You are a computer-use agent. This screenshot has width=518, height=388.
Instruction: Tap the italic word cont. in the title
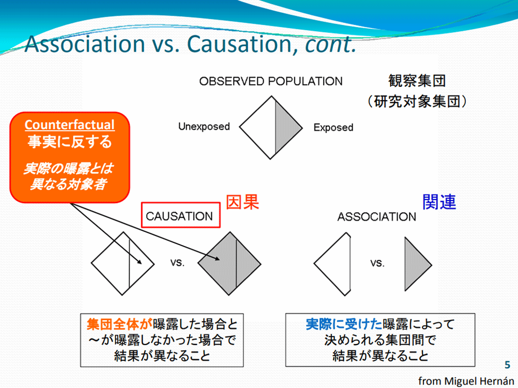331,44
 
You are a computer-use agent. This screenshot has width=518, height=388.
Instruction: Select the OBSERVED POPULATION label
271,81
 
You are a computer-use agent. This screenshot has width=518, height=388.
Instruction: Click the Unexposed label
204,126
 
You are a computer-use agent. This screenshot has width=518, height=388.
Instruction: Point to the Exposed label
333,127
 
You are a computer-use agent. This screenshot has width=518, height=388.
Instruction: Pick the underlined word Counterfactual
70,125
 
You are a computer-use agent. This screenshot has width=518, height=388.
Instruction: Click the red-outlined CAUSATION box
181,215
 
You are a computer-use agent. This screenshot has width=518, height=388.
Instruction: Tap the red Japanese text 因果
242,202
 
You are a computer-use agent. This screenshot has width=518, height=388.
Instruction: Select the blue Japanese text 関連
440,202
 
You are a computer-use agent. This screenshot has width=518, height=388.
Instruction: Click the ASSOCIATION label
376,217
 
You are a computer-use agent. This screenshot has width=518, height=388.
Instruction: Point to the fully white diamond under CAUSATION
122,263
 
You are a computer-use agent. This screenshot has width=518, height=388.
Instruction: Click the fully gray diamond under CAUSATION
229,263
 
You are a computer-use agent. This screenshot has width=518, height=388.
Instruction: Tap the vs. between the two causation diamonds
178,263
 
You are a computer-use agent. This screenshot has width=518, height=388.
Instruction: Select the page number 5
507,365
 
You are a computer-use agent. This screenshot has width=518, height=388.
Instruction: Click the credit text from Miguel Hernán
466,381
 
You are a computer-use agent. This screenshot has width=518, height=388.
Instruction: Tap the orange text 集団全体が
119,324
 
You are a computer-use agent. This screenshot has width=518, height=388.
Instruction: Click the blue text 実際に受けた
344,324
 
